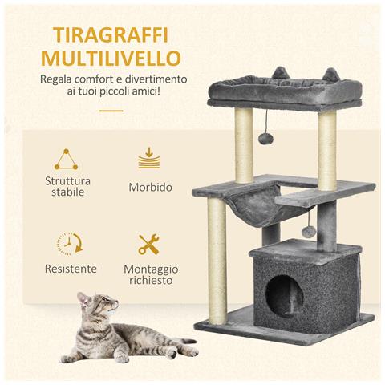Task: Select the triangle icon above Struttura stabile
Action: point(68,159)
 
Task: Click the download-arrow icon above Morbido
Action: point(149,158)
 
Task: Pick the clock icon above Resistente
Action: point(69,243)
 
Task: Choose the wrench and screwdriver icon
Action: point(149,244)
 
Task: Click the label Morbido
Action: point(150,187)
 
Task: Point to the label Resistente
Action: point(71,269)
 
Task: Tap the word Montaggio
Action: point(151,269)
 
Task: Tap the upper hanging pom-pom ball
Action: point(265,139)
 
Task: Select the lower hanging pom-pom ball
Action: point(306,231)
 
